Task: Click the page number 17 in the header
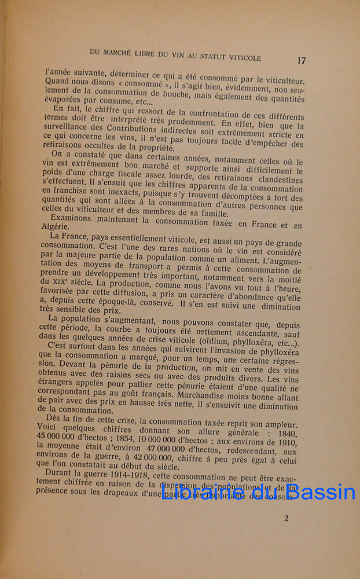pos(301,60)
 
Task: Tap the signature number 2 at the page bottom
pos(286,518)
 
